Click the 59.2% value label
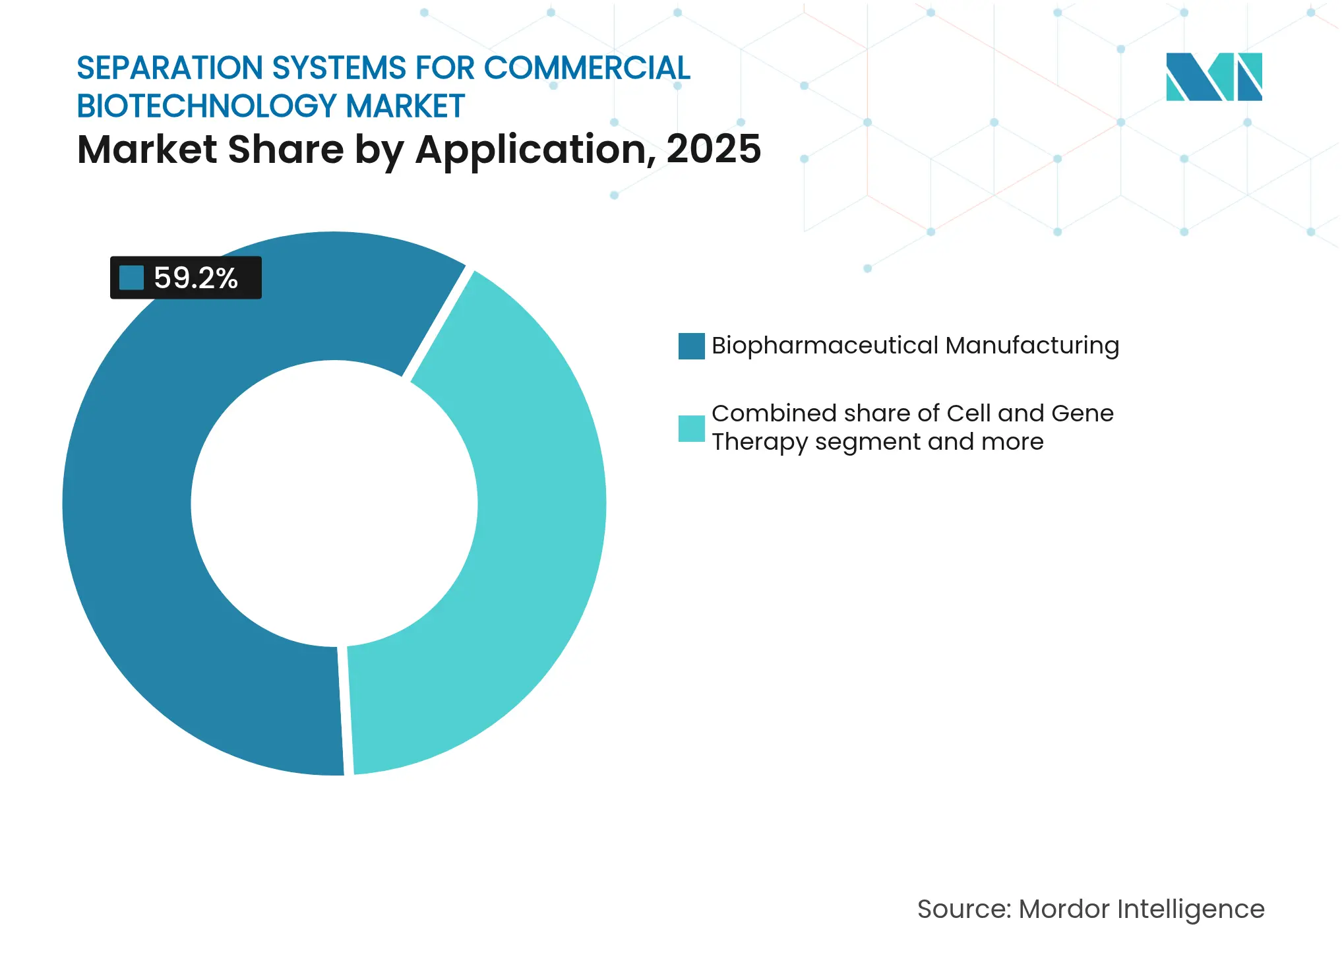tap(195, 278)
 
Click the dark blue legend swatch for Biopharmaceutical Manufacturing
tap(691, 346)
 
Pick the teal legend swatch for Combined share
tap(691, 428)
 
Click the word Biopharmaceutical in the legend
tap(824, 346)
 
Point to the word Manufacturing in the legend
tap(1032, 346)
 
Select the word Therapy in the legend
tap(759, 442)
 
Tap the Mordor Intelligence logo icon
tap(1213, 76)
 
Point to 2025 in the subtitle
tap(714, 149)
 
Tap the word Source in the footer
tap(961, 909)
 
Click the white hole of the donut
tap(334, 504)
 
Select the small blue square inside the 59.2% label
tap(131, 278)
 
